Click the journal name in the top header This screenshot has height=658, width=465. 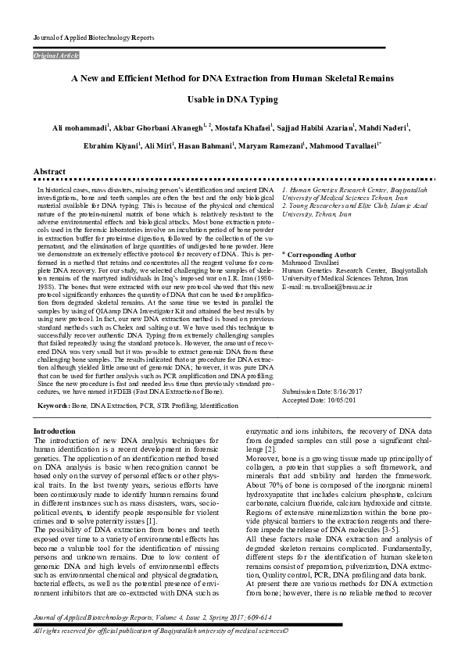pyautogui.click(x=94, y=38)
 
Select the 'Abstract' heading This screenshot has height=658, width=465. pyautogui.click(x=48, y=170)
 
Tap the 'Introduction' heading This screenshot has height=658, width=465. pyautogui.click(x=55, y=431)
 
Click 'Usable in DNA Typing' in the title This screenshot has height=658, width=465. pyautogui.click(x=232, y=99)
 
